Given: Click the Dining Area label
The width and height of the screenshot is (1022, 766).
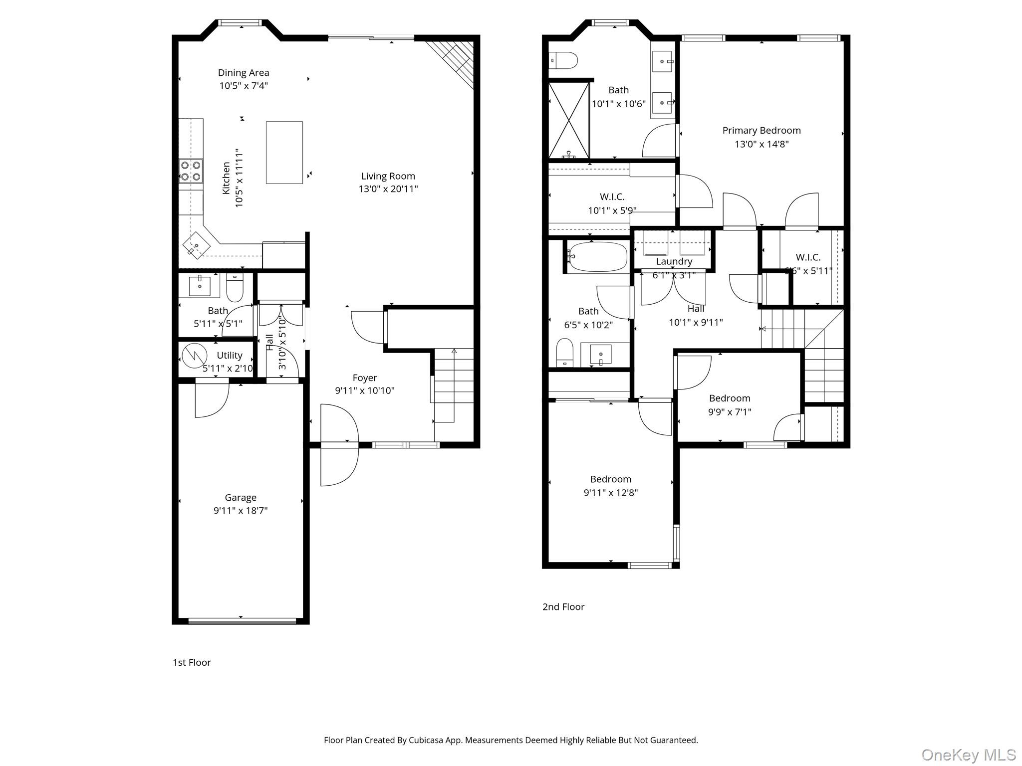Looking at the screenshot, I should click(x=243, y=73).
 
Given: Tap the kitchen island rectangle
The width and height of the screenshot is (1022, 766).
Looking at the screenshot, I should click(x=284, y=153).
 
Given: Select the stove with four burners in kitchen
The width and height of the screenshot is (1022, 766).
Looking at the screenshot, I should click(x=191, y=171).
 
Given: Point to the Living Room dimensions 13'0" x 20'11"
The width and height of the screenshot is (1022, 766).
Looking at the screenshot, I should click(x=388, y=189).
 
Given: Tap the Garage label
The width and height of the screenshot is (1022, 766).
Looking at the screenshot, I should click(x=241, y=497).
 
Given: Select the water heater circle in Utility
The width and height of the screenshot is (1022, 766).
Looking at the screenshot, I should click(x=194, y=356).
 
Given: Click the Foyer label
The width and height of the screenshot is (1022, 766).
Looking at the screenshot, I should click(x=365, y=378).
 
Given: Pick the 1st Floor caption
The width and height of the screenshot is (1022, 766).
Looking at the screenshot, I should click(x=192, y=662).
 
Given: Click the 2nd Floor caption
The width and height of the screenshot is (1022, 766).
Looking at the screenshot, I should click(x=563, y=607).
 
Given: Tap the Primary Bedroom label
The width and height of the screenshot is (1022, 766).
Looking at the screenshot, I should click(x=761, y=131).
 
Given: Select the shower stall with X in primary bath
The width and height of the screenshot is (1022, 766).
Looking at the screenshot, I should click(x=568, y=120).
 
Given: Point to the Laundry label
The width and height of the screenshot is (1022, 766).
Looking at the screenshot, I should click(x=674, y=261).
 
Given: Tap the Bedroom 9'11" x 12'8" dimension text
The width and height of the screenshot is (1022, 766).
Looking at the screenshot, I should click(x=610, y=493).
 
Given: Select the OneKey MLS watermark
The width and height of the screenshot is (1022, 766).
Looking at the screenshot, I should click(x=968, y=755).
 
